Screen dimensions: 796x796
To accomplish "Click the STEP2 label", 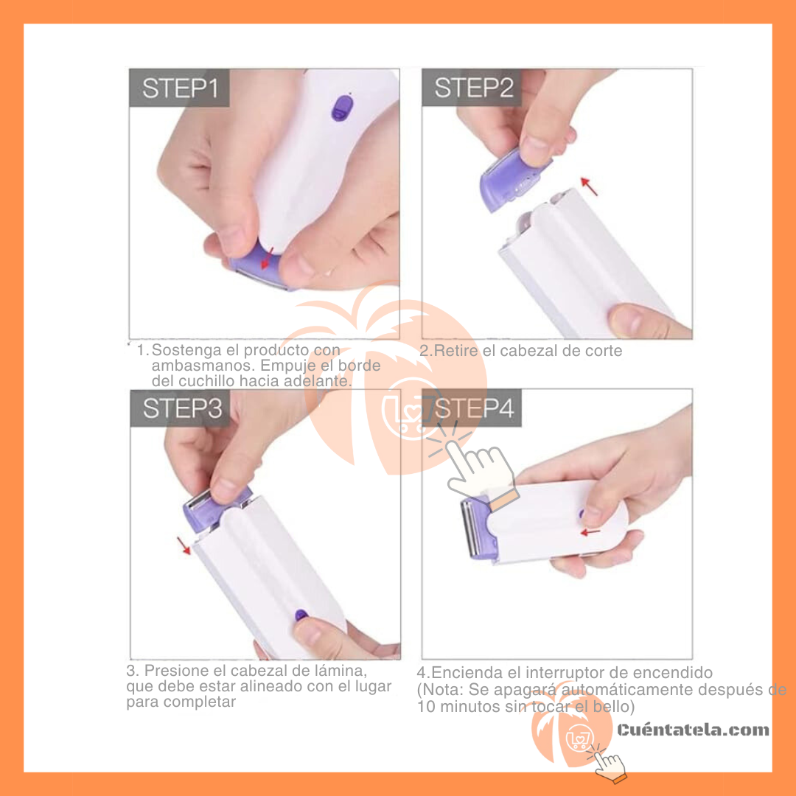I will tap(472, 88).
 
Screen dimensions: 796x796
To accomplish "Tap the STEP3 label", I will tap(181, 408).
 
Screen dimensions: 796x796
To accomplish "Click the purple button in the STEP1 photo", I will tap(339, 108).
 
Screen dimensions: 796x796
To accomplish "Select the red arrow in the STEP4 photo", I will tap(590, 531).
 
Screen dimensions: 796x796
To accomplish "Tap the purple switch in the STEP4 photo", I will tap(582, 514).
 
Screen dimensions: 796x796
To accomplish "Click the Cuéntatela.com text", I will tap(693, 730).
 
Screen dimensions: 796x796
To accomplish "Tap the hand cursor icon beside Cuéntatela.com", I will tap(610, 760).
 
